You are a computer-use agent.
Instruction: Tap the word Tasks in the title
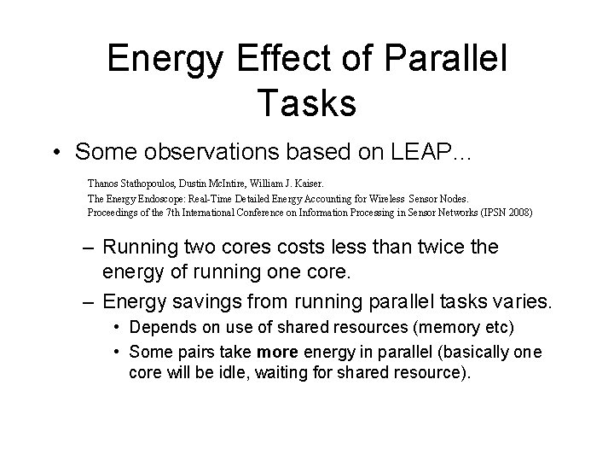[305, 102]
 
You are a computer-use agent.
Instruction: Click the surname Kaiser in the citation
[321, 182]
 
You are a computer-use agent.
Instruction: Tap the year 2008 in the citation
[514, 212]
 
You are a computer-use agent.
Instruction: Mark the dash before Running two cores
[86, 248]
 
